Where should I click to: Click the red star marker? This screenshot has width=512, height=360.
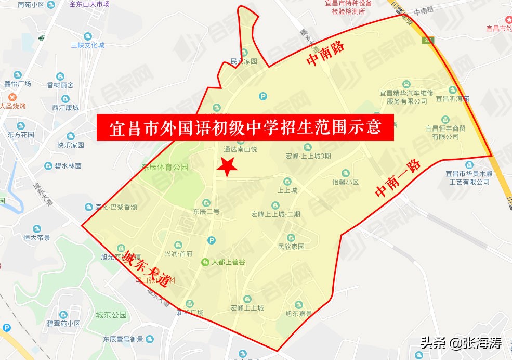coord(227,166)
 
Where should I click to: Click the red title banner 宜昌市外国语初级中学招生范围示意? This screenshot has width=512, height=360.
coord(245,128)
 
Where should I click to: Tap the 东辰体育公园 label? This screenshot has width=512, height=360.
coord(165,168)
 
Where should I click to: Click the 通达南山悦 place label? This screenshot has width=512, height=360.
coord(240,149)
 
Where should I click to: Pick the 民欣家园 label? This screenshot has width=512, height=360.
coord(291,247)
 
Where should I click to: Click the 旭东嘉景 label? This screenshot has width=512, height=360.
coord(298,314)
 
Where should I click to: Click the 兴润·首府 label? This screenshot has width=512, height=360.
coord(178,254)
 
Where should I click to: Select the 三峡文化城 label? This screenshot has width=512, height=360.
coord(87,45)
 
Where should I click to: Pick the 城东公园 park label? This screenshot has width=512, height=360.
coord(111,315)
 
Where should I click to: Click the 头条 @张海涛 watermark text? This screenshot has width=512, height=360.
coord(461,343)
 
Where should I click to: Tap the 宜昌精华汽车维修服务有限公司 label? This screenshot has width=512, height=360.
coord(403,97)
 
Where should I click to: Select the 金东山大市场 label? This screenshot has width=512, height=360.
coord(89,4)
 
